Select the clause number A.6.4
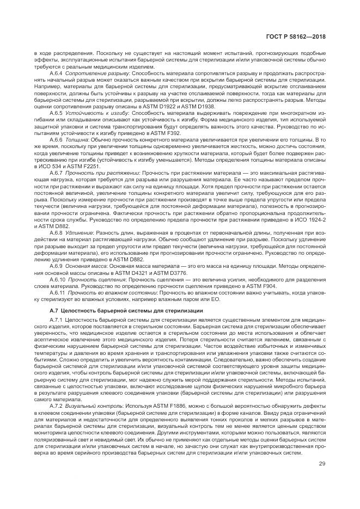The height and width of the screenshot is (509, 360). pos(56,72)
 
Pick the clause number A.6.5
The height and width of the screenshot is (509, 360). pos(56,113)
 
